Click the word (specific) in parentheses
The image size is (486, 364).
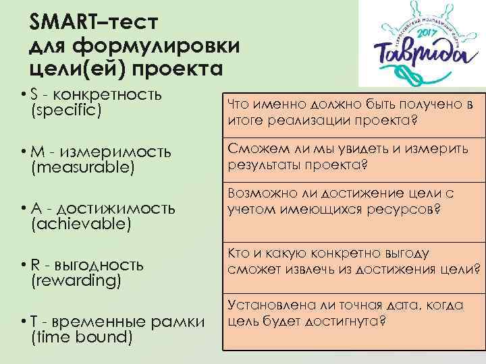(x=66, y=108)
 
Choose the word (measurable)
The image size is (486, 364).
(x=78, y=166)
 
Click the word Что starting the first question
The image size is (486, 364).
(x=240, y=104)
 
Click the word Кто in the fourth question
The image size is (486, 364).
(x=240, y=254)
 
